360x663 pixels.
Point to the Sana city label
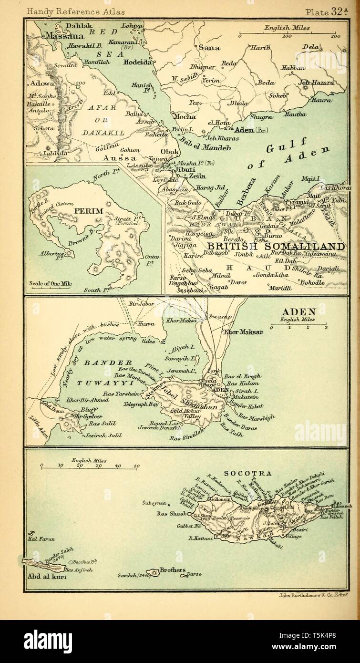click(206, 47)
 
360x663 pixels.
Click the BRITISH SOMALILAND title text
click(275, 247)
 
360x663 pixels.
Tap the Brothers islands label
click(172, 570)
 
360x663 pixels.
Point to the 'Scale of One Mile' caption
click(51, 283)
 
